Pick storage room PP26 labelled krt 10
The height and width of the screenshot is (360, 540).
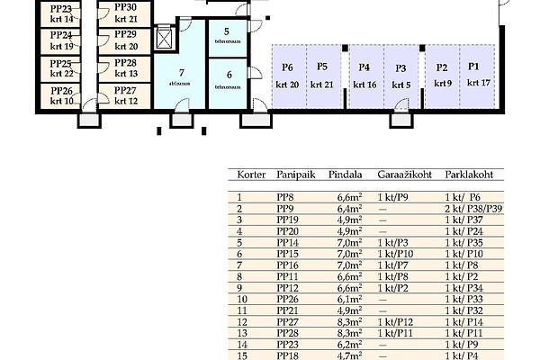[63, 95]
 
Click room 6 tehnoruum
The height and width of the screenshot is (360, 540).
[229, 82]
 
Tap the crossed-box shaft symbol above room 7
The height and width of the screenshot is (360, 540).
[164, 39]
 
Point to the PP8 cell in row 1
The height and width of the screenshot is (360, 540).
[285, 196]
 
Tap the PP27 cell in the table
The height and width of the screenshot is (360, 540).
[288, 320]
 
